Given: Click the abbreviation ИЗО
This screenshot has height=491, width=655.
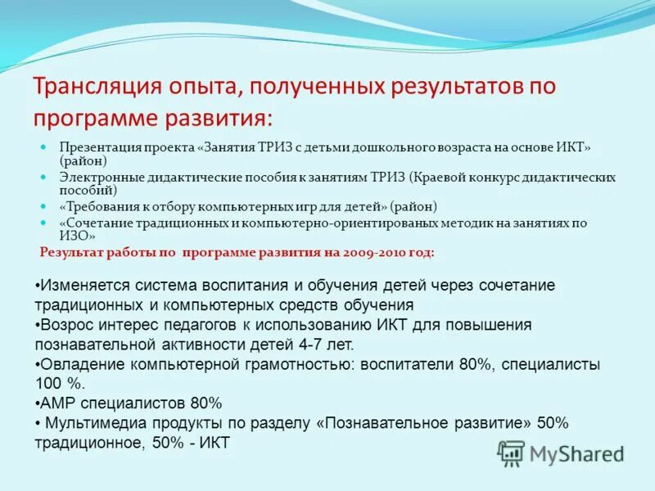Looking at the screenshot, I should tap(71, 236).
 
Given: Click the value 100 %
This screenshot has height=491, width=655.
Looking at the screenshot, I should tap(55, 383).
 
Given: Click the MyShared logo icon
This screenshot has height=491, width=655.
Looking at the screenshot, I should tap(512, 453).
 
